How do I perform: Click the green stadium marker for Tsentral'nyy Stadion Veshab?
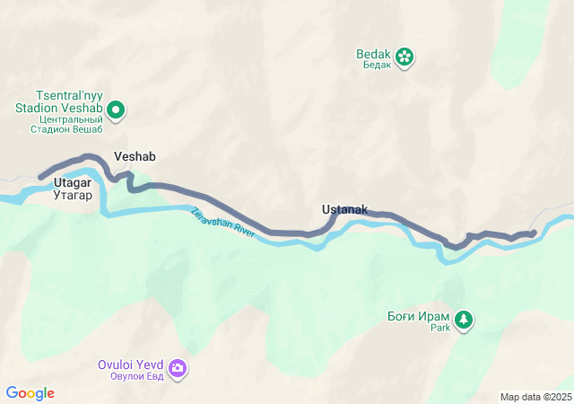click(x=116, y=111)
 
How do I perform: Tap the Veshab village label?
click(x=135, y=156)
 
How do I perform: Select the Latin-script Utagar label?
click(x=73, y=183)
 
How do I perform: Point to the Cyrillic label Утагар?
click(x=73, y=195)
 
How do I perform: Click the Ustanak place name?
click(x=344, y=209)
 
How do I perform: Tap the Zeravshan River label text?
click(x=223, y=222)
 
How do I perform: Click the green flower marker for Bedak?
click(x=404, y=57)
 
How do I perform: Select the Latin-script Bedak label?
click(x=375, y=53)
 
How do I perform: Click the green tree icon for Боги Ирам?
click(x=464, y=319)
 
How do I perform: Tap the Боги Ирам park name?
click(x=418, y=316)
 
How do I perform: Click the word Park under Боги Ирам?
click(x=439, y=329)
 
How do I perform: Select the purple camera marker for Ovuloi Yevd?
click(x=178, y=368)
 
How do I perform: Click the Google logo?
click(x=30, y=393)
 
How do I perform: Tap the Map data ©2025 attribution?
click(x=535, y=397)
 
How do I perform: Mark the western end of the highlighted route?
click(x=40, y=177)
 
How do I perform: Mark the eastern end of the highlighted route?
click(x=534, y=233)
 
